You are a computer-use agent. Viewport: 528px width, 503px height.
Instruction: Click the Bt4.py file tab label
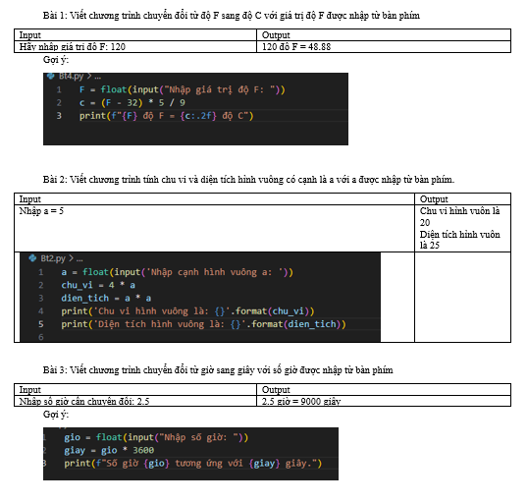[x=71, y=77]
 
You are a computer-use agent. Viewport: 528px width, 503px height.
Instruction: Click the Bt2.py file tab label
[x=53, y=258]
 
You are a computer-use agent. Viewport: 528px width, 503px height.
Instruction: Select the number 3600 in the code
[x=143, y=450]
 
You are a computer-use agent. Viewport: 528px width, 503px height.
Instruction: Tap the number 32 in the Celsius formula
[x=132, y=103]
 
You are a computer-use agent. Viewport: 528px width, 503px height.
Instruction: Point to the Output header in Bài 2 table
[x=434, y=199]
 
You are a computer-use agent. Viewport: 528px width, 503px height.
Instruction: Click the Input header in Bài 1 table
[x=30, y=35]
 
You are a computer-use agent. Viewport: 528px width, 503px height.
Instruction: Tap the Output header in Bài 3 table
[x=276, y=390]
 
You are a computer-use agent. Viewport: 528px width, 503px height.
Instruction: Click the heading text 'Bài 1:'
[x=55, y=16]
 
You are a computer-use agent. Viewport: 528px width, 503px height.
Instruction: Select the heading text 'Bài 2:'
[x=55, y=180]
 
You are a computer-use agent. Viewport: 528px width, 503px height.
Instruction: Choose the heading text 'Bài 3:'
[x=55, y=370]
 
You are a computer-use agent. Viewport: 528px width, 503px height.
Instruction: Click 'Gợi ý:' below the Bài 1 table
[x=56, y=60]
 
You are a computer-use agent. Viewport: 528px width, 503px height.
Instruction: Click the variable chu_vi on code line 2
[x=77, y=285]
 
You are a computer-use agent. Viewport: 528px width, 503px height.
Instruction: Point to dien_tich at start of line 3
[x=85, y=299]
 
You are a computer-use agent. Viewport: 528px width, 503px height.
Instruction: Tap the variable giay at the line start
[x=75, y=451]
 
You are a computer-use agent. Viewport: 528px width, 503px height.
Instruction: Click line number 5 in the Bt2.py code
[x=41, y=324]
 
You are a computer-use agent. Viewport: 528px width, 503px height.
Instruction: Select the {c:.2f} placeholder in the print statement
[x=198, y=116]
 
